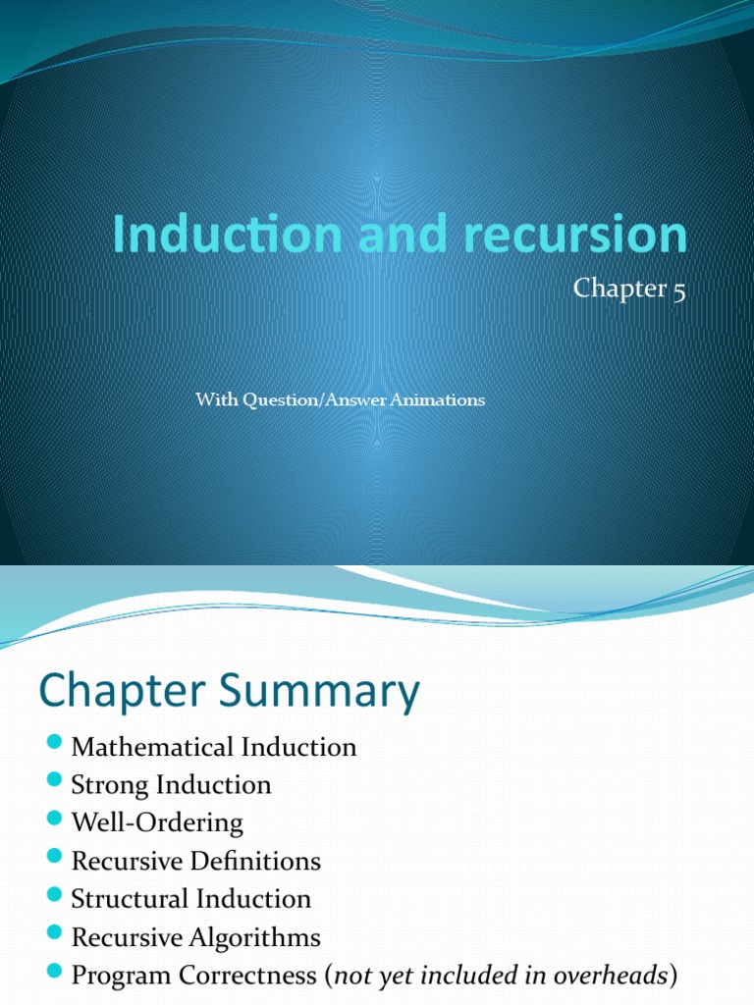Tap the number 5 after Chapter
(678, 291)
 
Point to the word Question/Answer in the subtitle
(297, 399)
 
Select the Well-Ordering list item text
(157, 822)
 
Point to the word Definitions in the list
(259, 861)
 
